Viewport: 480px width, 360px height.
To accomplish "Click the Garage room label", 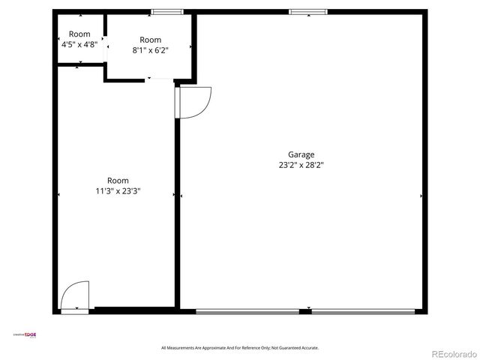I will [301, 154].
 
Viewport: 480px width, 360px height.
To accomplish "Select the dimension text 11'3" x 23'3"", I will [118, 190].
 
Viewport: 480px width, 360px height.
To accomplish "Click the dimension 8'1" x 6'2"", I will [150, 50].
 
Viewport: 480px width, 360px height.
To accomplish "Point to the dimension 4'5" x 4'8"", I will [79, 44].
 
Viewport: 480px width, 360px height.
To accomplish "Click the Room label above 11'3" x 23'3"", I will [118, 180].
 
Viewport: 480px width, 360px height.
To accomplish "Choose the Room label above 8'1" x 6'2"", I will [150, 40].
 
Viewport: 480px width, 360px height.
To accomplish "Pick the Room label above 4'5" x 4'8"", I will [79, 34].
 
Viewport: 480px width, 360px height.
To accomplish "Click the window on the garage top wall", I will [308, 11].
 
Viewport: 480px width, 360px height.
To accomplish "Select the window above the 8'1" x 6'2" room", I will [166, 11].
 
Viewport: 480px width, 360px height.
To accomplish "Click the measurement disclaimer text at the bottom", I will [240, 348].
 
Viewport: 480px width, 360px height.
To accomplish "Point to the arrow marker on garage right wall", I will [421, 196].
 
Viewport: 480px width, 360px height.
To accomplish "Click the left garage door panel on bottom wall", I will [247, 310].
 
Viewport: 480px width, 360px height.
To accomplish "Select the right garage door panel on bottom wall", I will [363, 310].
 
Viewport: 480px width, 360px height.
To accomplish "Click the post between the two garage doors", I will [305, 310].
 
